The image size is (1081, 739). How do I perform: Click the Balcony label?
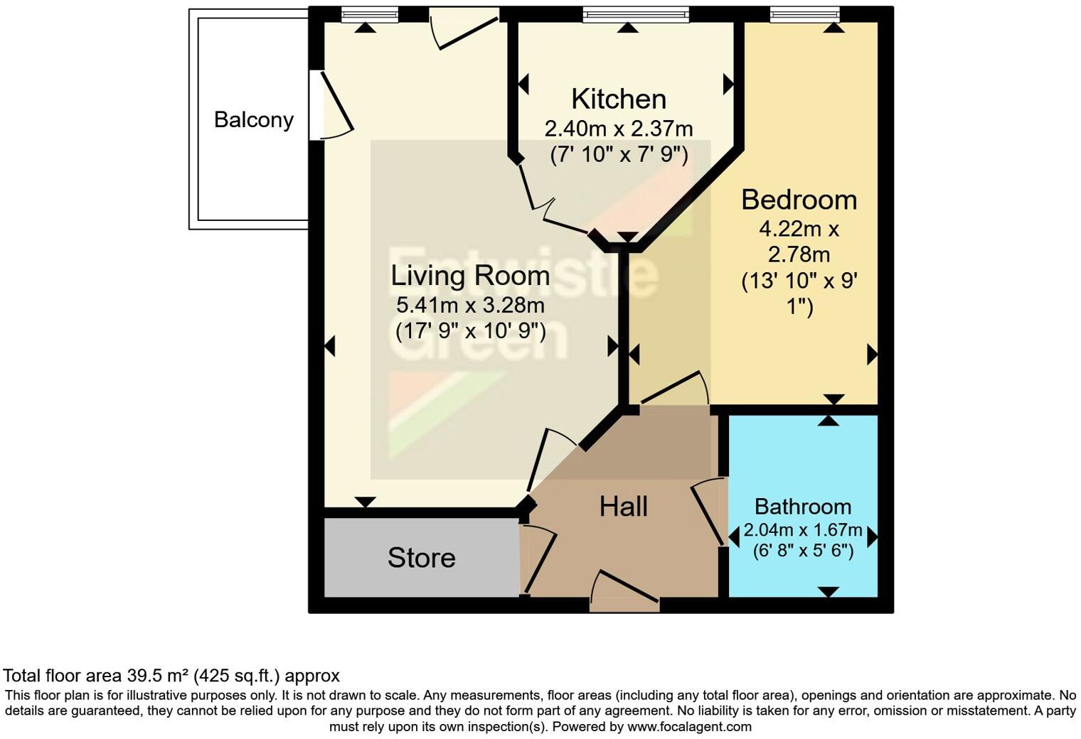[254, 119]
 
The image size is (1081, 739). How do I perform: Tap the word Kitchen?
[619, 99]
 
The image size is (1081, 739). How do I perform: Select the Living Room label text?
[470, 276]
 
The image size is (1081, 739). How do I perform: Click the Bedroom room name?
[799, 200]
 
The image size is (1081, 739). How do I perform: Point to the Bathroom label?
[802, 507]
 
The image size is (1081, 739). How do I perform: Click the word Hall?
[623, 507]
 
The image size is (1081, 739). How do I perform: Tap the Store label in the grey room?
[421, 558]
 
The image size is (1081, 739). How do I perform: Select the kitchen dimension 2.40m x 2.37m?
[619, 129]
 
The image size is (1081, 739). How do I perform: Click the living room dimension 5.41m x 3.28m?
[470, 306]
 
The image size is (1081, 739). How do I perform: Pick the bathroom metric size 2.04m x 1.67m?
[802, 530]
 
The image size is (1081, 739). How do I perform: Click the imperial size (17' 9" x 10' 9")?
[470, 331]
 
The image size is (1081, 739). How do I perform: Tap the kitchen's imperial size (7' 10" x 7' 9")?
[619, 155]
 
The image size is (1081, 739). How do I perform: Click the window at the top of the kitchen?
[636, 14]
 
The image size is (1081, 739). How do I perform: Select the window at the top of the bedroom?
[804, 14]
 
